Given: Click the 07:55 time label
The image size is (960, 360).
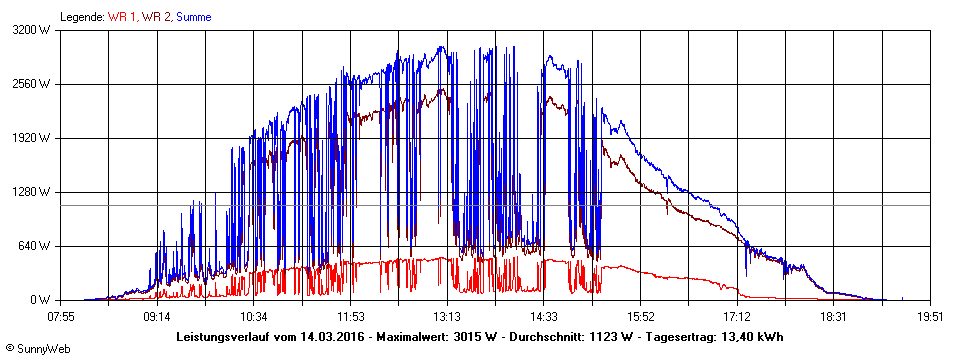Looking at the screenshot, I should pyautogui.click(x=61, y=316).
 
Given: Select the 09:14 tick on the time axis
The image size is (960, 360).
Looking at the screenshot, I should pyautogui.click(x=157, y=316).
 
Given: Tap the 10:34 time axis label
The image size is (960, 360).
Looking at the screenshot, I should pyautogui.click(x=254, y=316).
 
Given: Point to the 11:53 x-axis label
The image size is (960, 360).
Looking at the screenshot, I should pyautogui.click(x=350, y=316).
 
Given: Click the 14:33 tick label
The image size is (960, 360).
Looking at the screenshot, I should pyautogui.click(x=543, y=316).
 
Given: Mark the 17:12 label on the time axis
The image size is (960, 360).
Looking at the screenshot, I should pyautogui.click(x=736, y=316).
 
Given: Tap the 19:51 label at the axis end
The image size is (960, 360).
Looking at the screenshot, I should pyautogui.click(x=930, y=316).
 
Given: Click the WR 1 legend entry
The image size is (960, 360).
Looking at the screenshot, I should pyautogui.click(x=122, y=17).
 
